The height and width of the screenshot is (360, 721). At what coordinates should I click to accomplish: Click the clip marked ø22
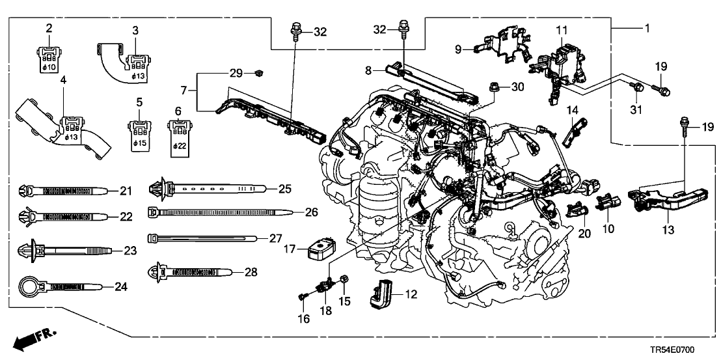click(178, 134)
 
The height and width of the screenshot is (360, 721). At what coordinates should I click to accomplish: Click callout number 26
click(294, 212)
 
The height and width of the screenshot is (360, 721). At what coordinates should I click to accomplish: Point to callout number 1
click(646, 29)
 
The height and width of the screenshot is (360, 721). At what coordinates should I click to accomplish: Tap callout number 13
click(669, 230)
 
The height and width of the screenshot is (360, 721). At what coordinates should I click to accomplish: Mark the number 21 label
click(125, 190)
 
